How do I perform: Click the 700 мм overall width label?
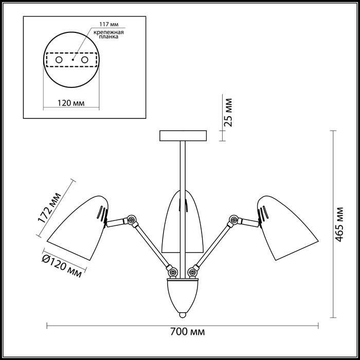point(187,332)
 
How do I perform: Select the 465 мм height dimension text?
point(339,225)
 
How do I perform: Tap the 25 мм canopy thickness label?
point(228,113)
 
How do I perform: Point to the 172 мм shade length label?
point(49,208)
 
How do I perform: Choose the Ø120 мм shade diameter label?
point(62,266)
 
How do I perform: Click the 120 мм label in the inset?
point(71,103)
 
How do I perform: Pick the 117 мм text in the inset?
point(109,24)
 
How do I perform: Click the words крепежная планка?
point(109,34)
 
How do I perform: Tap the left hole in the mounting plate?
point(59,60)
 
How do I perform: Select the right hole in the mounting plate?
point(85,60)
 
